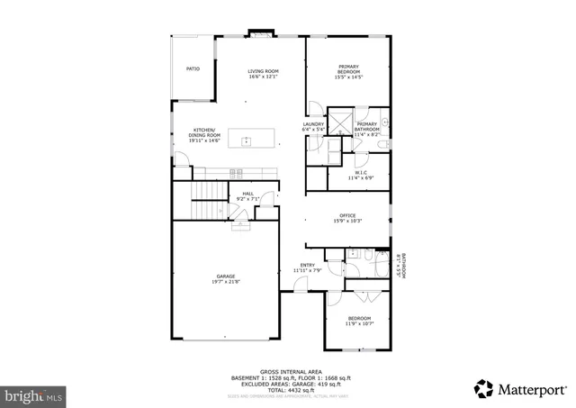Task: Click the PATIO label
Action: [x=193, y=68]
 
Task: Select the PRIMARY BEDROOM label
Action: [x=348, y=68]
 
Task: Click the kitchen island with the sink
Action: [x=245, y=140]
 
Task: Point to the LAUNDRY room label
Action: [x=313, y=124]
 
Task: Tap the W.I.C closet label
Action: [x=360, y=172]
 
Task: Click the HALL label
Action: [x=247, y=193]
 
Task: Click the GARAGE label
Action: [x=225, y=277]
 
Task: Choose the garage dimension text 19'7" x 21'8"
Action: [x=225, y=282]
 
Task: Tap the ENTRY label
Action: [x=307, y=265]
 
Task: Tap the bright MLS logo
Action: [x=33, y=394]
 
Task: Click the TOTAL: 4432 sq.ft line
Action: [x=283, y=387]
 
